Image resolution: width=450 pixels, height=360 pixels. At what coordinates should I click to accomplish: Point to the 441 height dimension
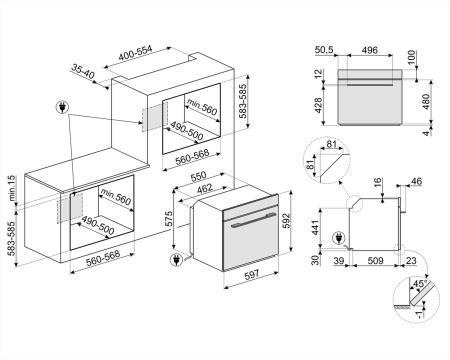click(x=314, y=229)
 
